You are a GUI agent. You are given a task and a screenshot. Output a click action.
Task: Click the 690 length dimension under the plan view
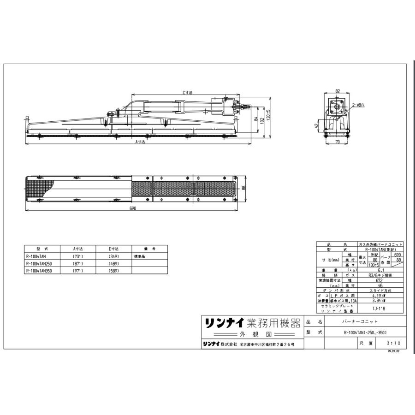click(133, 208)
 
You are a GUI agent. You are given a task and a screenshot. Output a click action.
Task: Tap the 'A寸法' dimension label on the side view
click(140, 142)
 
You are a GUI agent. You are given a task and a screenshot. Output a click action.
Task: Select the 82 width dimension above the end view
click(338, 91)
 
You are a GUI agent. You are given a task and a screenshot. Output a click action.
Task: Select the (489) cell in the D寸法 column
click(113, 264)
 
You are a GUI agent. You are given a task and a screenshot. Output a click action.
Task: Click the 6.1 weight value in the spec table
click(378, 271)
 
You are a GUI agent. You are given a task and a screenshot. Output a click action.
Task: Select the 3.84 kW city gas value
click(378, 301)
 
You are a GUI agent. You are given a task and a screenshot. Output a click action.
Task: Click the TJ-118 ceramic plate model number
click(378, 308)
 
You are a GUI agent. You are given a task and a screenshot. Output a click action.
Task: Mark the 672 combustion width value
click(378, 280)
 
